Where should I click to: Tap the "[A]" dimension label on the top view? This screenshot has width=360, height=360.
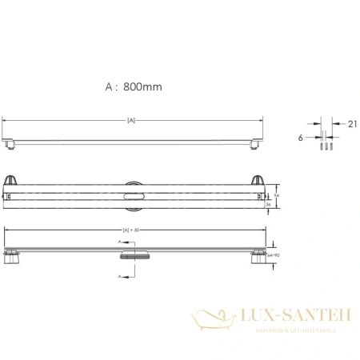(130, 120)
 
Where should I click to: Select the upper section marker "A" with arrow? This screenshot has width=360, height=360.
(120, 240)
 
